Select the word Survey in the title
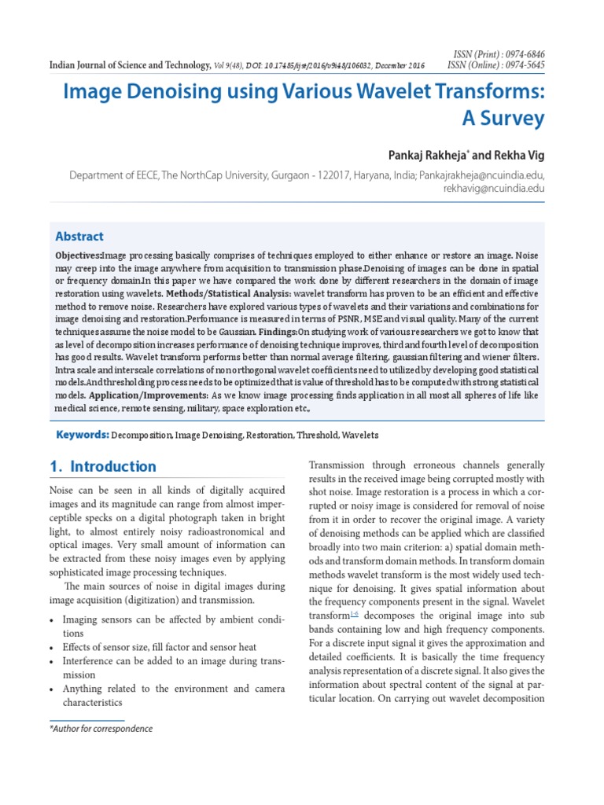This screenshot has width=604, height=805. (x=507, y=119)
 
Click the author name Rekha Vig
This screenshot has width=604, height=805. (x=516, y=154)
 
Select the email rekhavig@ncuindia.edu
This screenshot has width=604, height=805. (x=494, y=189)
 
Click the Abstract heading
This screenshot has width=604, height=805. (x=79, y=236)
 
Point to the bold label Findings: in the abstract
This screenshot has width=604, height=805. (x=278, y=332)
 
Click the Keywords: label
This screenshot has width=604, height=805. (x=81, y=435)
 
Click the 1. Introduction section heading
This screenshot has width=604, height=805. (x=102, y=466)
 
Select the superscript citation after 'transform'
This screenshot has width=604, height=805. (x=354, y=613)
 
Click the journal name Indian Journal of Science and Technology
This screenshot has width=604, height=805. (x=129, y=65)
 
